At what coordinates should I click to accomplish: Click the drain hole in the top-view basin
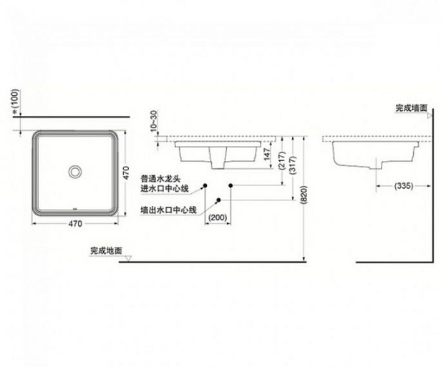point(74,172)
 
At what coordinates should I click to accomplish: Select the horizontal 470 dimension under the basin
point(74,224)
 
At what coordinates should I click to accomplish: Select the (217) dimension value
point(281,160)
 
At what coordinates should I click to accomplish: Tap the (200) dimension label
point(218,216)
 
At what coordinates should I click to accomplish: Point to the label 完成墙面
point(412,109)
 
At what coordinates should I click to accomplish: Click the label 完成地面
point(105,250)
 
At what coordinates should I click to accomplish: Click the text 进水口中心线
point(165,189)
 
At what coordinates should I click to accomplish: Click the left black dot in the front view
point(205,185)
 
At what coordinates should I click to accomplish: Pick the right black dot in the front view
point(231,185)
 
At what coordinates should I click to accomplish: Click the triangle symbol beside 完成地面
point(127,260)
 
